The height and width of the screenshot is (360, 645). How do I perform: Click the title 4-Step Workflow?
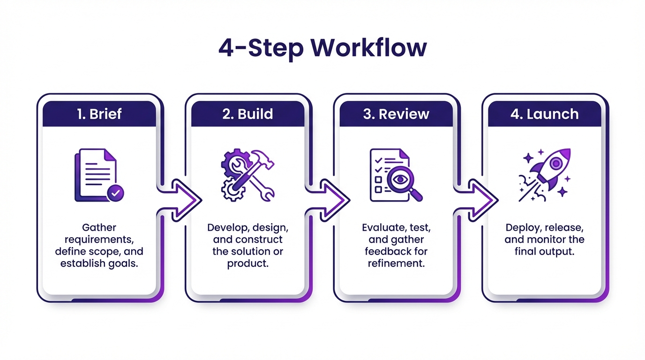(x=322, y=48)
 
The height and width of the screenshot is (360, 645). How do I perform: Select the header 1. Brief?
(x=99, y=114)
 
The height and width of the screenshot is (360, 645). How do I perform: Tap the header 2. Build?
(x=247, y=114)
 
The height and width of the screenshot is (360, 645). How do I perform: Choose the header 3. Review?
(x=396, y=114)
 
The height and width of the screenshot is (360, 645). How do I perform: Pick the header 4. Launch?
(x=544, y=114)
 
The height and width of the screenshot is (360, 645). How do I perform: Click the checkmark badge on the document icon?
(x=115, y=192)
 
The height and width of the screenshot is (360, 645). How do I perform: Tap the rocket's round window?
(x=555, y=163)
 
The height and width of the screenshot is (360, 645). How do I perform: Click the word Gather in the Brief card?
(x=99, y=228)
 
